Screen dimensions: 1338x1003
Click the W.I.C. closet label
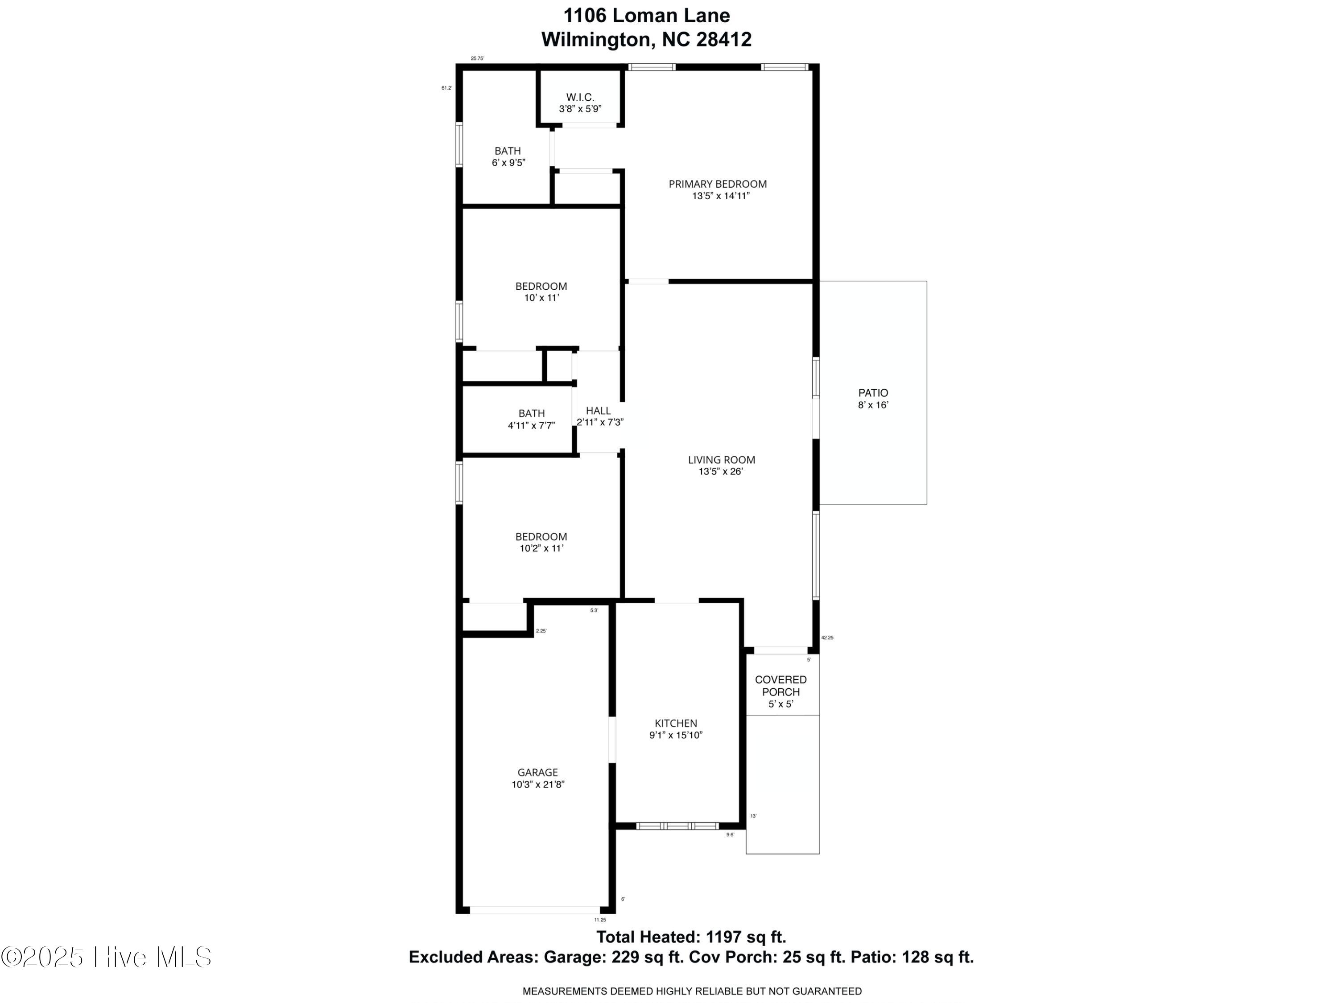point(580,97)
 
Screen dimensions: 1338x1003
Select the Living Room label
point(722,460)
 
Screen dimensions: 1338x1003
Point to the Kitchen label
point(676,723)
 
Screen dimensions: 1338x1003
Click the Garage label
point(538,773)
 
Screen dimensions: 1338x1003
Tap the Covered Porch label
point(781,686)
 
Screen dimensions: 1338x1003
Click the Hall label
point(598,411)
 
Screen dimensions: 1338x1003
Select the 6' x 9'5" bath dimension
point(508,163)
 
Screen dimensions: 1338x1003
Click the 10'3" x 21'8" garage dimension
point(538,785)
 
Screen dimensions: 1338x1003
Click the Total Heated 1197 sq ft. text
point(691,937)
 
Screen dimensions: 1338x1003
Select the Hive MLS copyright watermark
point(107,957)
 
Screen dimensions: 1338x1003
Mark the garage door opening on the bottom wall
point(535,910)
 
